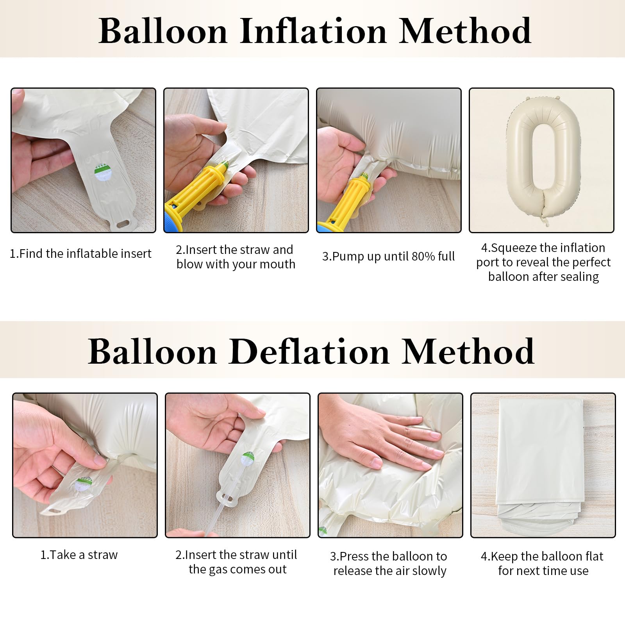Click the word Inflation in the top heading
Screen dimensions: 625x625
coord(313,31)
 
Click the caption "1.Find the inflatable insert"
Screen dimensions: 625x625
coord(80,254)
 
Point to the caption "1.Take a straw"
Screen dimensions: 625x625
coord(79,555)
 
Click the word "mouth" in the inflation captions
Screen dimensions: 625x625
coord(277,264)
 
